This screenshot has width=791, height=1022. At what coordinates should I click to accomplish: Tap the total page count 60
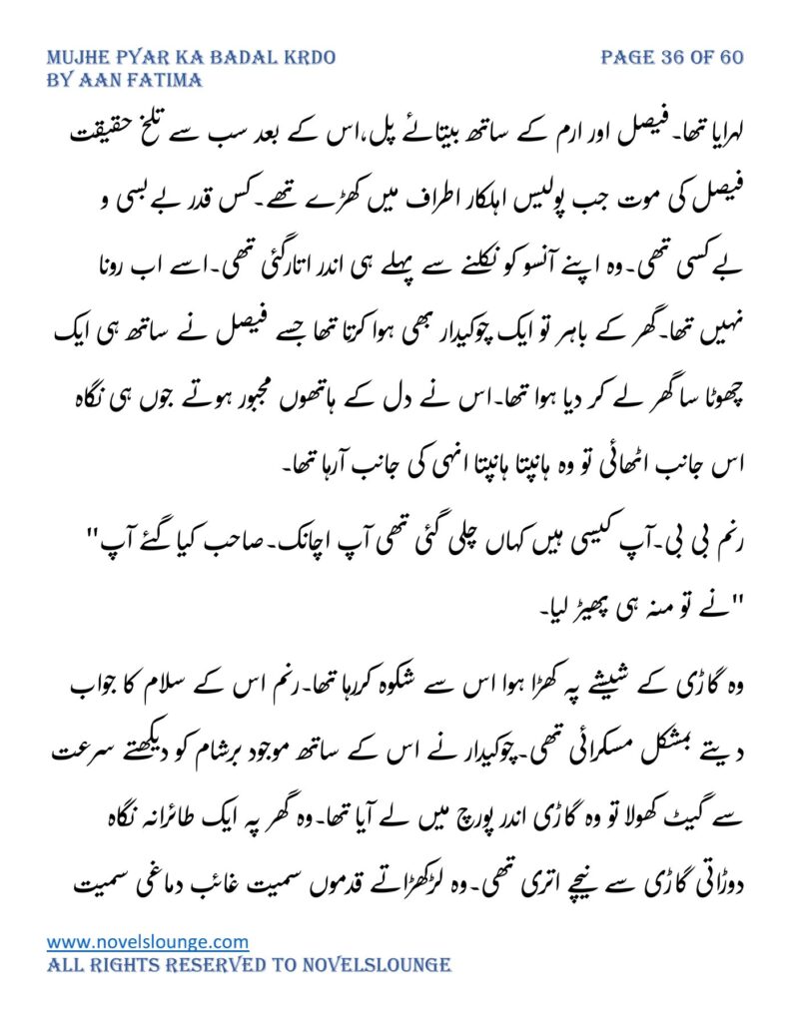pyautogui.click(x=731, y=57)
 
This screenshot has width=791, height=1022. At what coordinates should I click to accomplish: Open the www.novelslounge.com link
pyautogui.click(x=148, y=941)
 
